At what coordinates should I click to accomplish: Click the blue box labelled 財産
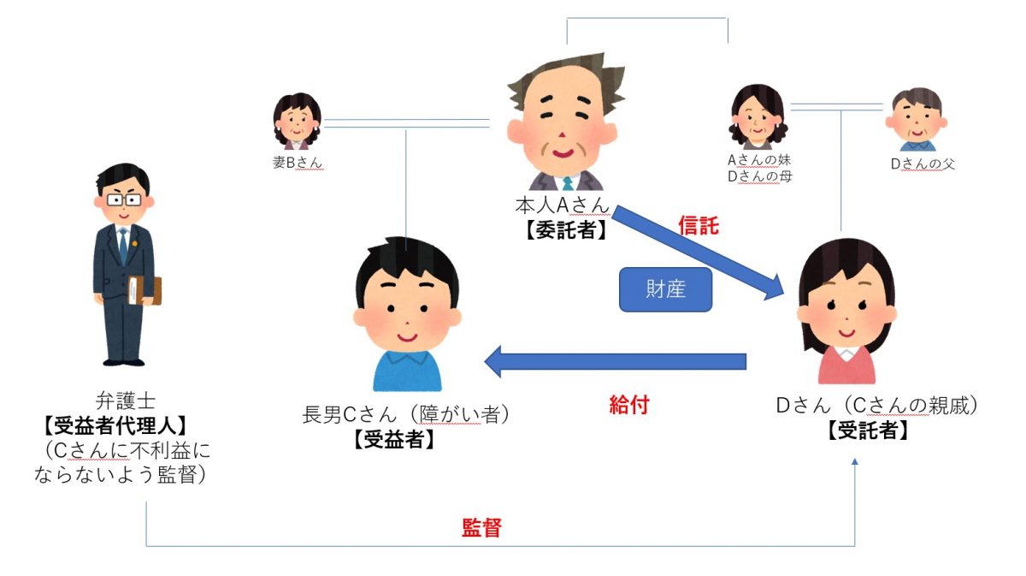pos(665,291)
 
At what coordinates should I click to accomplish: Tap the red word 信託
pos(699,226)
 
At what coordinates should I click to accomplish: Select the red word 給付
pos(628,405)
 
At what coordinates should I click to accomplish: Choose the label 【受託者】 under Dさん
pos(867,431)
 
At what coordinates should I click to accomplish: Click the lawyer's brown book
pos(144,291)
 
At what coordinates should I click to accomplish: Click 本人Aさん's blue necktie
pos(566,183)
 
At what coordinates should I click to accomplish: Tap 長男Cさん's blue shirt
pos(407,370)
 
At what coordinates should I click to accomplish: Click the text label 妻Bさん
pos(298,162)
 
